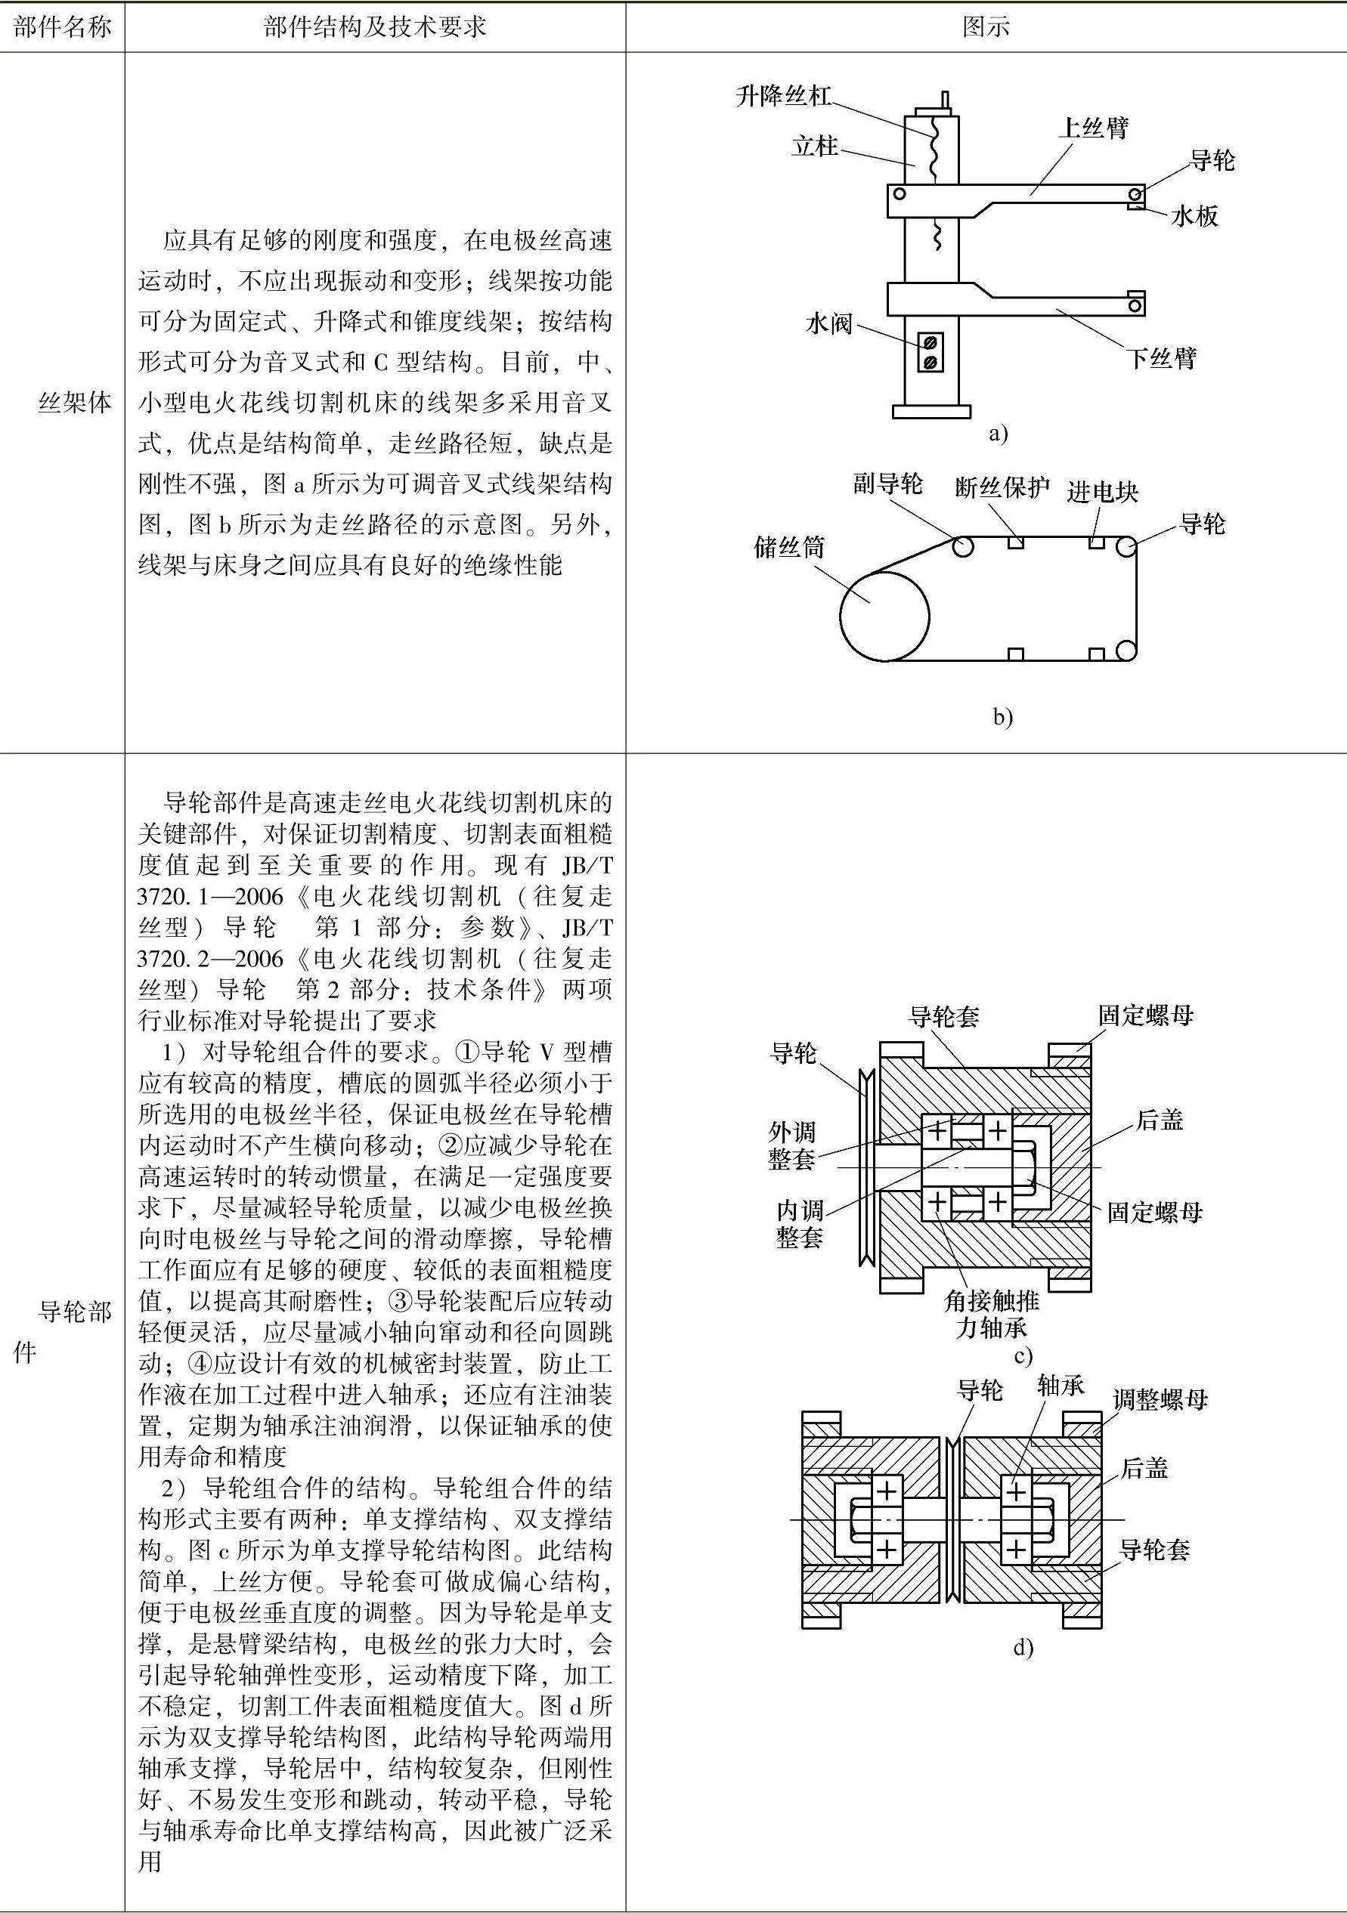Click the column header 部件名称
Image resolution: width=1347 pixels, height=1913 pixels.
click(63, 27)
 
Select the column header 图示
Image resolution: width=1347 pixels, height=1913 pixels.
click(986, 27)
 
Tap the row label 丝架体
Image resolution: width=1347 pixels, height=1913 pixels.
click(75, 403)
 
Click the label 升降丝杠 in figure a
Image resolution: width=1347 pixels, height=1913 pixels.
click(784, 96)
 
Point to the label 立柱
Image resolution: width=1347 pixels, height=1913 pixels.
click(814, 147)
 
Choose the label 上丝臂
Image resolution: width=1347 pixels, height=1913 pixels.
click(1093, 128)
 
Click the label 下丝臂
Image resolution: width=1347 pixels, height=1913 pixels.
click(1161, 358)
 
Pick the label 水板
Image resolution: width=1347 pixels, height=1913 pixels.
click(1194, 217)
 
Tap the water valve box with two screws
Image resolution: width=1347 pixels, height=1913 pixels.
click(931, 351)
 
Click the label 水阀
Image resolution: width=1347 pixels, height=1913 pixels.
click(828, 323)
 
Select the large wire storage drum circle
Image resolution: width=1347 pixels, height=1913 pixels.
click(884, 617)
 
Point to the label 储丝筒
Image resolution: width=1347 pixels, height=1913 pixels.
click(788, 548)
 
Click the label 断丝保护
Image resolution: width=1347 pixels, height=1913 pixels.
click(1002, 487)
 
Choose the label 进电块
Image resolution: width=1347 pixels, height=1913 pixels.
click(1102, 492)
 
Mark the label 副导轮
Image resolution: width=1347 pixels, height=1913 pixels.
click(887, 484)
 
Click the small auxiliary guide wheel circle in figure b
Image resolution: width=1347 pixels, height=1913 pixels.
click(963, 546)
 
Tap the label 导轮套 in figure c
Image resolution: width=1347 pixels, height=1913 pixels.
click(943, 1015)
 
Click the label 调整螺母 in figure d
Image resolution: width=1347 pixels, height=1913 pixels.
click(1160, 1399)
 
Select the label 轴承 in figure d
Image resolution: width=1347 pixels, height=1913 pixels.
click(1061, 1386)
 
